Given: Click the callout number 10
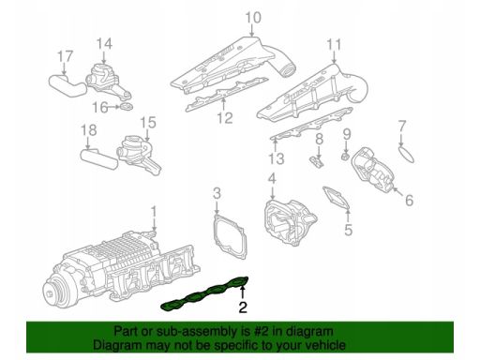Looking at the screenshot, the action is pyautogui.click(x=253, y=18).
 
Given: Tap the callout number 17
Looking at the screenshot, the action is pyautogui.click(x=66, y=56).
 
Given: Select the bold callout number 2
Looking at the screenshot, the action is pyautogui.click(x=243, y=307).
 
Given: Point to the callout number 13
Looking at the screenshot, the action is pyautogui.click(x=277, y=158).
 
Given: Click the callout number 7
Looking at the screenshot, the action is pyautogui.click(x=402, y=127).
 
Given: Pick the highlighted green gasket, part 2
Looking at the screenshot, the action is pyautogui.click(x=205, y=293).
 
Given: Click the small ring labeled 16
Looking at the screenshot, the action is pyautogui.click(x=127, y=106).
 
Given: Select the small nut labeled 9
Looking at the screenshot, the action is pyautogui.click(x=345, y=156).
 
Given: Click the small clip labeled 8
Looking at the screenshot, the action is pyautogui.click(x=317, y=162).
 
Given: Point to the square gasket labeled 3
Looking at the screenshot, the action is pyautogui.click(x=231, y=236).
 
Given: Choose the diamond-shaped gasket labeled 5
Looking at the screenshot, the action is pyautogui.click(x=336, y=199).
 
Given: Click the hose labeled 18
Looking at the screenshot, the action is pyautogui.click(x=99, y=159).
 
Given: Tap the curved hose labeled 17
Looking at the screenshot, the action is pyautogui.click(x=67, y=85).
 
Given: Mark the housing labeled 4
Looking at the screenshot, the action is pyautogui.click(x=289, y=222).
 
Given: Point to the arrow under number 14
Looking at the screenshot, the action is pyautogui.click(x=104, y=58).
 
